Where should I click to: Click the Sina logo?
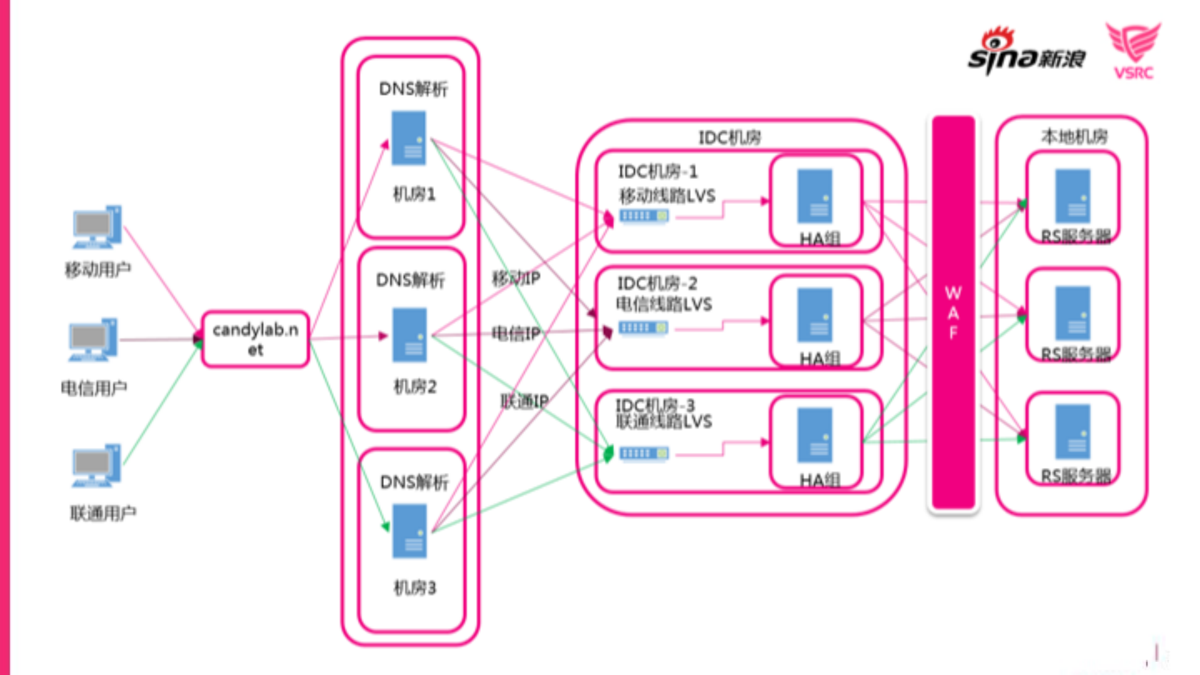click(1026, 51)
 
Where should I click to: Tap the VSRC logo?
click(1133, 50)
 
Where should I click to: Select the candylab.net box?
click(255, 338)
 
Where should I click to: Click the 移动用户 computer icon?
click(97, 227)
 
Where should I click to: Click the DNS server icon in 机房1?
click(408, 138)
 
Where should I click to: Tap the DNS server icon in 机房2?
click(409, 335)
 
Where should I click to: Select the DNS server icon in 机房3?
click(409, 531)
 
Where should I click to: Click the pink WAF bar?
click(953, 313)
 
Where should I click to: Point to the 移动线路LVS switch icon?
click(644, 216)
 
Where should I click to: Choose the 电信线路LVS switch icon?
click(643, 328)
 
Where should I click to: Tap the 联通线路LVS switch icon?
click(644, 453)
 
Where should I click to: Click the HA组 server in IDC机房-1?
click(815, 196)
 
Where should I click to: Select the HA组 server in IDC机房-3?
click(815, 435)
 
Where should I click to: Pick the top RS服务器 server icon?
click(1072, 196)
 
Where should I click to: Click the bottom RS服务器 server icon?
click(1072, 432)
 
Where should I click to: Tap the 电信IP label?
click(516, 333)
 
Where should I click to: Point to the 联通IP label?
click(524, 401)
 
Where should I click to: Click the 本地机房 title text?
click(1074, 136)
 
